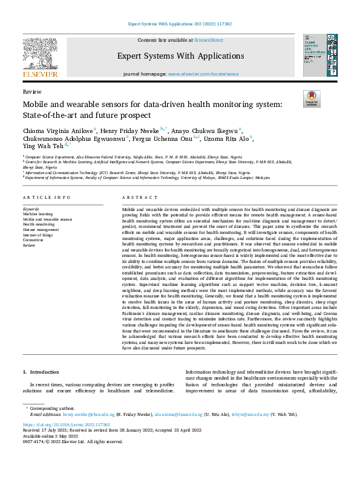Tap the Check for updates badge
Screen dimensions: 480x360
tap(311, 99)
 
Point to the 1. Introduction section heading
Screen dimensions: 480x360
tap(42, 373)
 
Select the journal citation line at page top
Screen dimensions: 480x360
tap(180, 24)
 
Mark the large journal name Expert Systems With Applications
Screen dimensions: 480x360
tap(179, 56)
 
